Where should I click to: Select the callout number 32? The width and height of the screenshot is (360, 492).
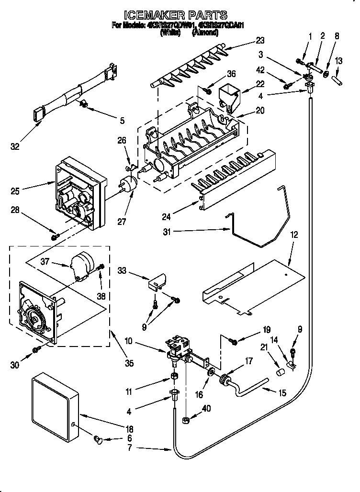[15, 147]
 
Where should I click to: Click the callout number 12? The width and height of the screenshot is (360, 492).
[293, 235]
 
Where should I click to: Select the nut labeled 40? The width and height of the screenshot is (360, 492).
[186, 421]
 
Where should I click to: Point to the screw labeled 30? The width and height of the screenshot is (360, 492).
[35, 351]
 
